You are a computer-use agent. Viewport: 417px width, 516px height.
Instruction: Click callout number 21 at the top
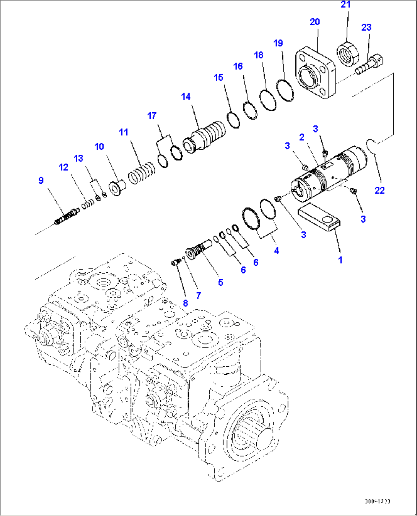click(345, 5)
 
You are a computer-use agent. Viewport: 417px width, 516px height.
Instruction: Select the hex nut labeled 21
click(348, 53)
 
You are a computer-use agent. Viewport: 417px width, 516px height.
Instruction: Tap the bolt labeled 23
click(370, 64)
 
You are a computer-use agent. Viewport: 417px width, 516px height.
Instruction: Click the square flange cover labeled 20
click(315, 73)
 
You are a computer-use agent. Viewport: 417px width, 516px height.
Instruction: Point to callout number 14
click(186, 97)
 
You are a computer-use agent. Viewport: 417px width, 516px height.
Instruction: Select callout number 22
click(379, 190)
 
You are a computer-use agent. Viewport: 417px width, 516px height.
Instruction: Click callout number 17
click(152, 116)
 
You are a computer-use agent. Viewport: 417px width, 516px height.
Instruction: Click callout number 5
click(221, 283)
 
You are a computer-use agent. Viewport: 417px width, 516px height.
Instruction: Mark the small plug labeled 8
click(176, 262)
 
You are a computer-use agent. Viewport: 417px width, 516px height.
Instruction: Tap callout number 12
click(64, 167)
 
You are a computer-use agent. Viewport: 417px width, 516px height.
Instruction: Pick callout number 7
click(198, 296)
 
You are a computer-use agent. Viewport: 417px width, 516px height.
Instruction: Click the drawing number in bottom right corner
click(377, 501)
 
